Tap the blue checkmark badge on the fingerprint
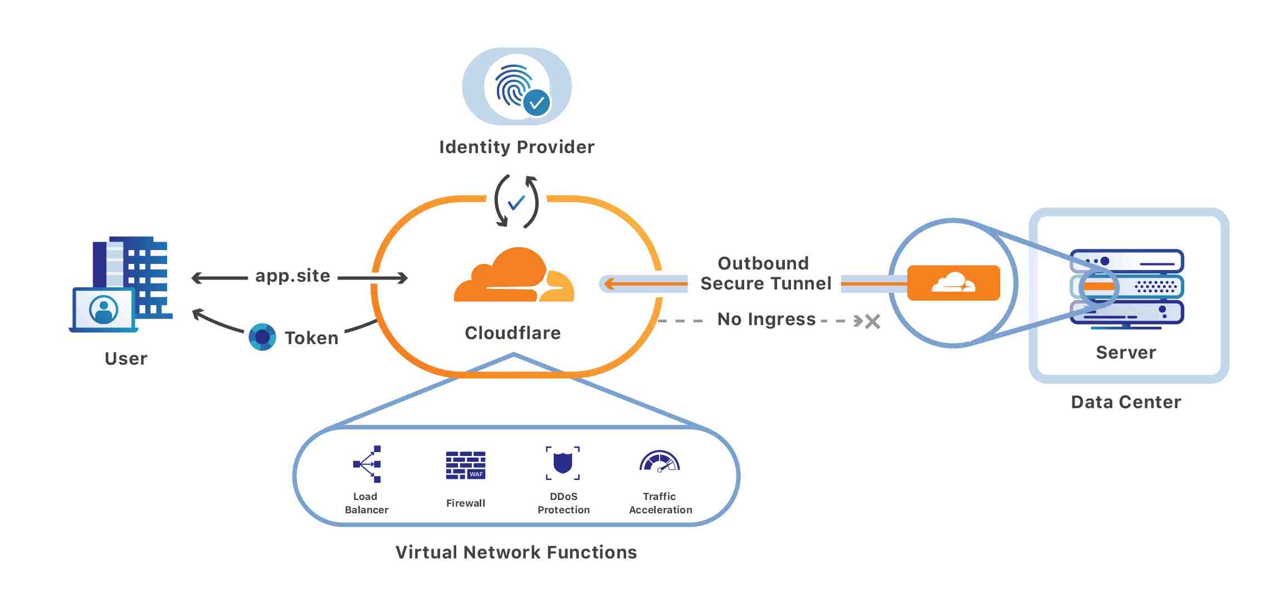[537, 103]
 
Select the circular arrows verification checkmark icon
[516, 202]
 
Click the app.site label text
[292, 276]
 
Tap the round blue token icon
[262, 337]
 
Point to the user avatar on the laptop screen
[104, 310]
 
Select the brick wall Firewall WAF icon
[466, 465]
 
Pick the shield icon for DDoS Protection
[563, 463]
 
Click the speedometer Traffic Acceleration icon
[660, 462]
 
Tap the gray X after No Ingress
[873, 321]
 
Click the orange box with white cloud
[953, 283]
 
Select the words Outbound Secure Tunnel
[765, 273]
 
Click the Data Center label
[1125, 402]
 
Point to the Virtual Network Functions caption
[516, 552]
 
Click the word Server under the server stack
[1126, 352]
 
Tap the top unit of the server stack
[1127, 261]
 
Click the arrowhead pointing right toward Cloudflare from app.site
[402, 278]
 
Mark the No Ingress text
[766, 319]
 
